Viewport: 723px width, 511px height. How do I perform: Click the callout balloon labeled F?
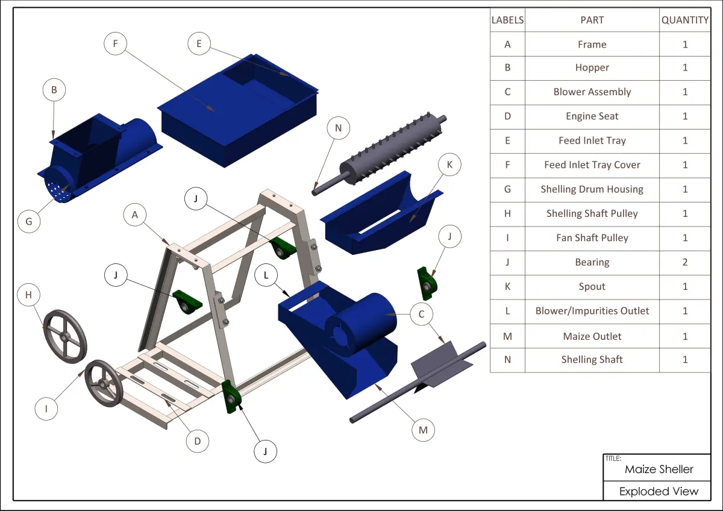(x=115, y=43)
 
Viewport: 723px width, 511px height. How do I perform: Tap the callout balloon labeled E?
(x=199, y=43)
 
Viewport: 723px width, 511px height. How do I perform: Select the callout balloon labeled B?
(x=54, y=90)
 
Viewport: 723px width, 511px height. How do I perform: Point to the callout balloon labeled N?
(x=338, y=128)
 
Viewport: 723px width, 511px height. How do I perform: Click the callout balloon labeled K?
(x=449, y=165)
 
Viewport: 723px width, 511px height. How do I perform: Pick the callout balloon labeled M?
(x=423, y=430)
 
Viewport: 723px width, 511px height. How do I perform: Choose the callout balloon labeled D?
(x=198, y=441)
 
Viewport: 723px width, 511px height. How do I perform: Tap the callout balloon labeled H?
(x=29, y=295)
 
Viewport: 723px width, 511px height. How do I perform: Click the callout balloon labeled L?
(x=266, y=275)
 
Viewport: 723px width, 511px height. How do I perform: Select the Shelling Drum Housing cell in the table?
(x=592, y=189)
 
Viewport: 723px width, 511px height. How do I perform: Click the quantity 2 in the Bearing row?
(x=685, y=262)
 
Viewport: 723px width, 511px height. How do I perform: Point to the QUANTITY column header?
(x=685, y=20)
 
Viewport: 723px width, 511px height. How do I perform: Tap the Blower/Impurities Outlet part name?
(x=592, y=311)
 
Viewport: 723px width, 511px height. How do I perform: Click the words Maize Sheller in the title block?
(x=659, y=469)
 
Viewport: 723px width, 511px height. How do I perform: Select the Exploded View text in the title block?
(x=659, y=491)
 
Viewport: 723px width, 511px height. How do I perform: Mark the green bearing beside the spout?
(x=427, y=283)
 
